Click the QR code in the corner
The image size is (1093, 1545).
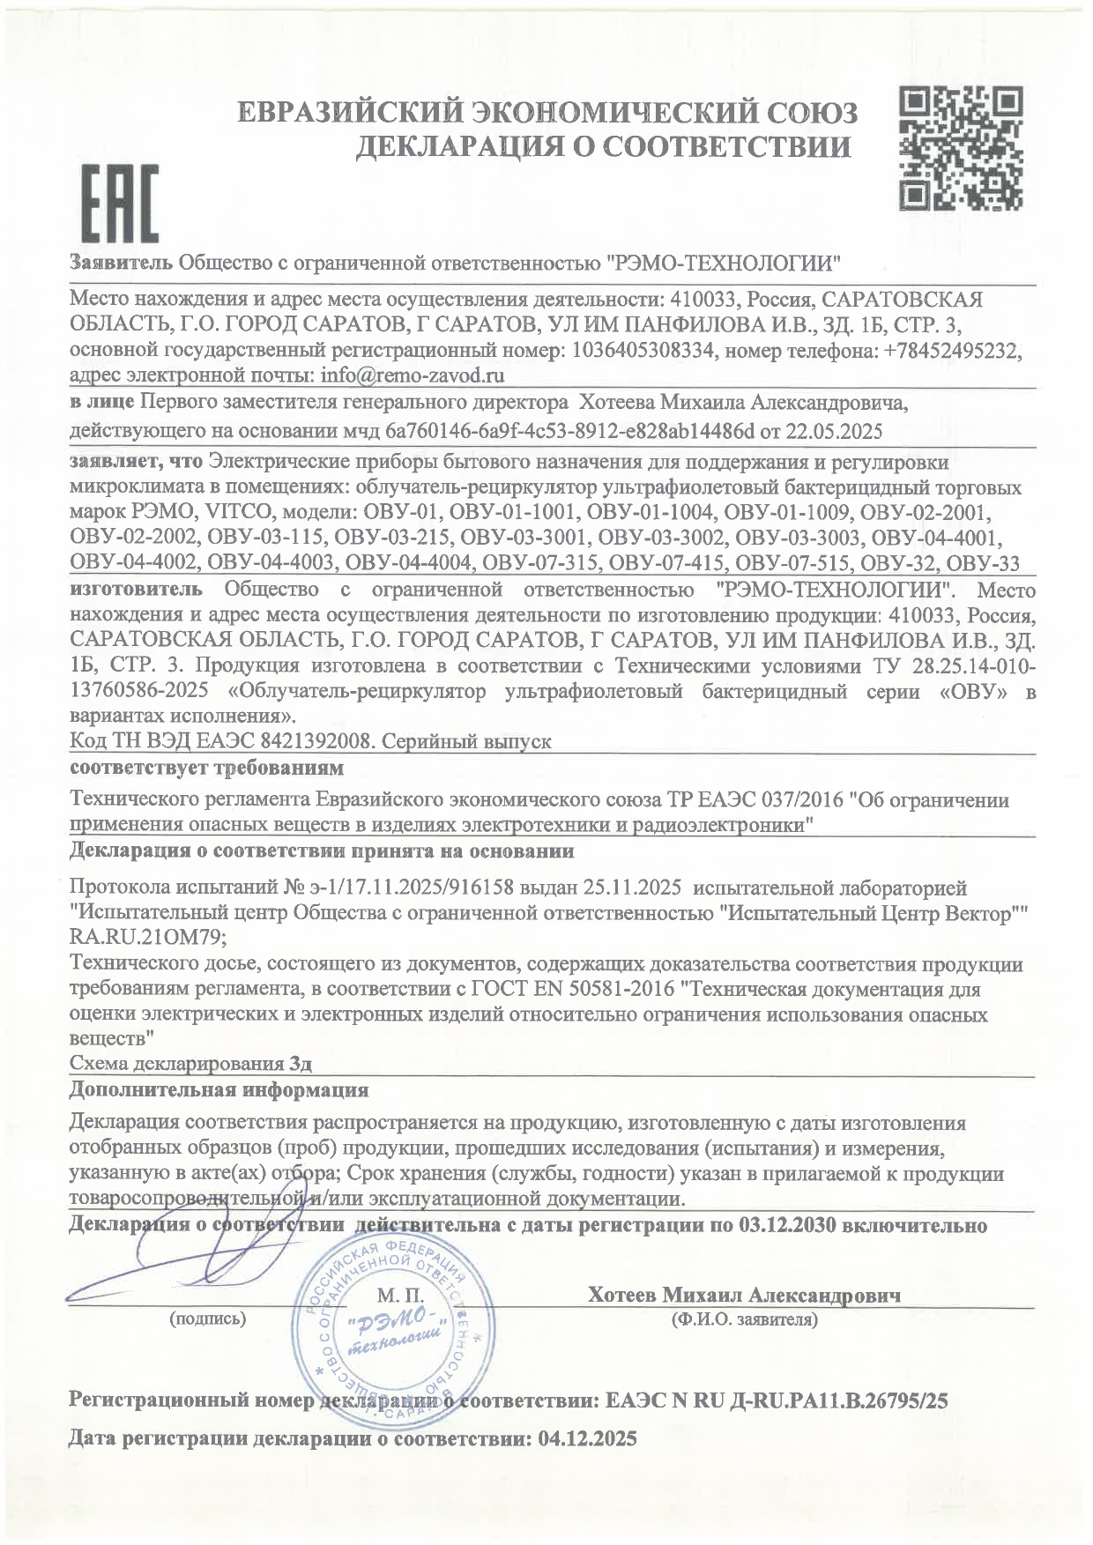tap(961, 147)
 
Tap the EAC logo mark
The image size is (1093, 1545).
tap(120, 204)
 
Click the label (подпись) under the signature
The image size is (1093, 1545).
tap(207, 1318)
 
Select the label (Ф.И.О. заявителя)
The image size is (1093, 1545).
tap(743, 1318)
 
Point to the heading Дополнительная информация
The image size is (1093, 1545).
tap(219, 1090)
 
